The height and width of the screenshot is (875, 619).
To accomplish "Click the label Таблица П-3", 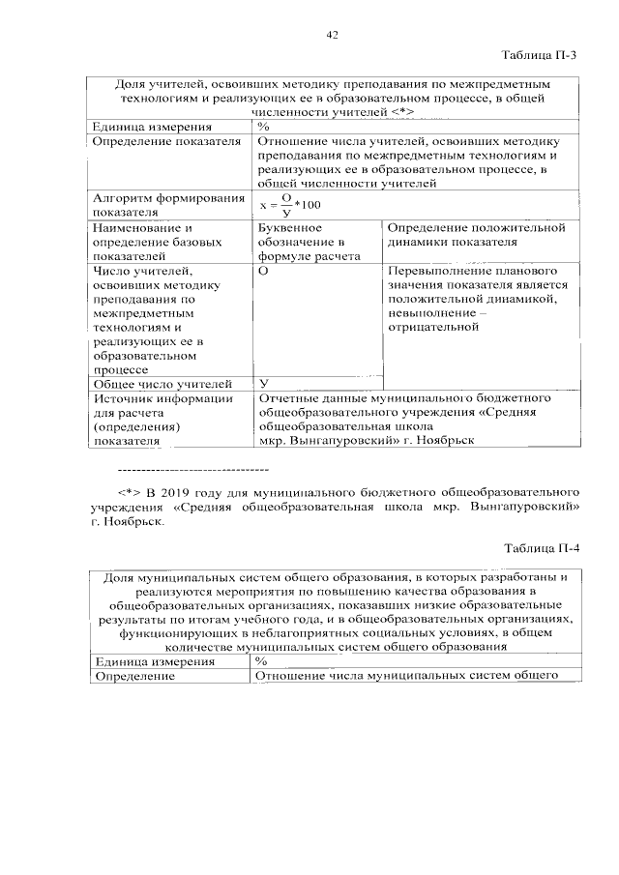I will point(539,56).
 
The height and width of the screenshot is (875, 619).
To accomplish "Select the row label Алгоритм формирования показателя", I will point(167,205).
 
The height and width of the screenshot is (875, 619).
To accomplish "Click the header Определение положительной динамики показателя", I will point(475,235).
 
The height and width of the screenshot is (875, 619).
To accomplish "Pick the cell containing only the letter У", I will point(263,384).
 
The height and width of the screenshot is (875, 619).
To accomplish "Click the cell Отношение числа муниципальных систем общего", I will point(406,676).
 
